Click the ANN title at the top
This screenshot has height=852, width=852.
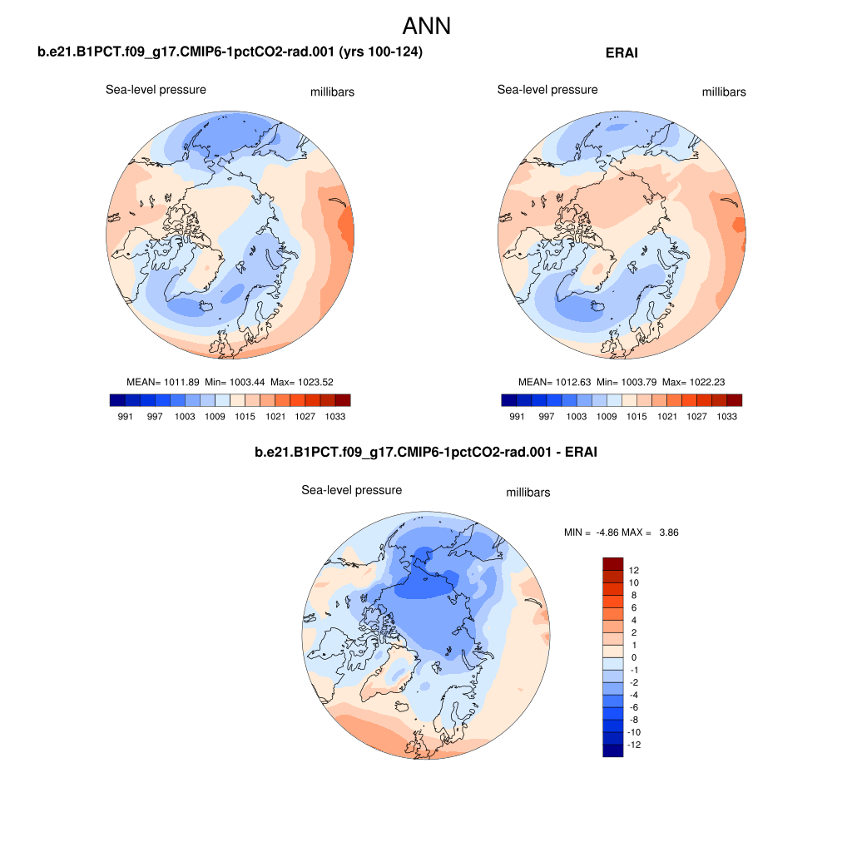point(426,26)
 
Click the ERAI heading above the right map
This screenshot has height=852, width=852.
point(623,52)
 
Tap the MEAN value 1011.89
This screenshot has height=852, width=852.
point(178,382)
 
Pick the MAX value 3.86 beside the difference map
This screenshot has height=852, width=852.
point(669,532)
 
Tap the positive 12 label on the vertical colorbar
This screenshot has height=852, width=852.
point(634,570)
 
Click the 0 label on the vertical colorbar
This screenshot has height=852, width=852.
point(634,657)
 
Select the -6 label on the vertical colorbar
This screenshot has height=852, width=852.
point(634,707)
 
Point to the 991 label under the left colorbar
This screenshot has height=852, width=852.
point(125,416)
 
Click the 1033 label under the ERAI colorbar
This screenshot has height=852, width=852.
point(726,416)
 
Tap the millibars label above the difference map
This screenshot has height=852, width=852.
point(528,493)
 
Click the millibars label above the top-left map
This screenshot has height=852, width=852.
point(332,92)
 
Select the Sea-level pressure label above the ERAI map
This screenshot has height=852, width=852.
point(547,90)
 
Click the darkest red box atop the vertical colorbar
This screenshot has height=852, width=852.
point(612,563)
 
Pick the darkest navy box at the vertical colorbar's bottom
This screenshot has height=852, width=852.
point(612,750)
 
